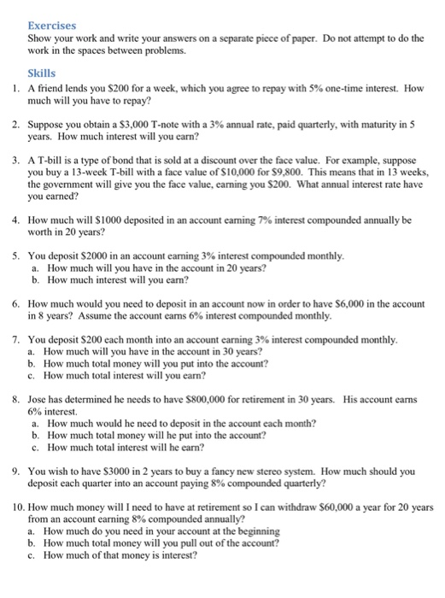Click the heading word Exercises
[x=52, y=26]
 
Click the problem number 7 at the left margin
[x=16, y=340]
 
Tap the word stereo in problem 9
[x=260, y=471]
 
